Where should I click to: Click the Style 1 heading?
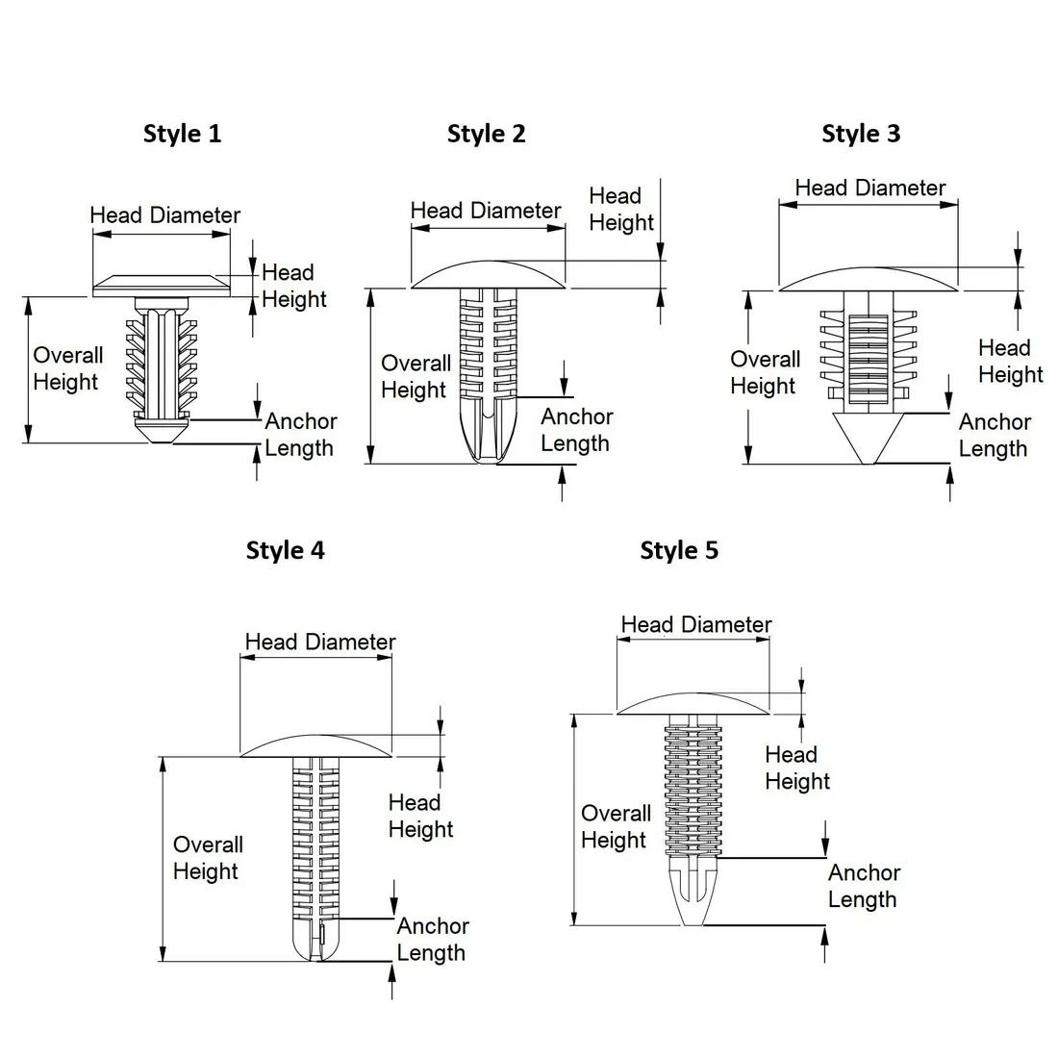click(182, 134)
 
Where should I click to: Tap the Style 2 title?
click(486, 134)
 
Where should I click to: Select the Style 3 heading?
click(861, 134)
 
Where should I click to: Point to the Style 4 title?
click(285, 550)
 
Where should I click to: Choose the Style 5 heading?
click(679, 550)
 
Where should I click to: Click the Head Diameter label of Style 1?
click(164, 215)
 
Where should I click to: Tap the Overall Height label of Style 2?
click(415, 376)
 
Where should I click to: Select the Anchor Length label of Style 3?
click(994, 435)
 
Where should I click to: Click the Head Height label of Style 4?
click(420, 816)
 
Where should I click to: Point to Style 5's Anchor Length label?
click(864, 886)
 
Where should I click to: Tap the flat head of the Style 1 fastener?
click(163, 286)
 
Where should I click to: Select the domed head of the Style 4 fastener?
click(315, 746)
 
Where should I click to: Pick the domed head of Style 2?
click(489, 275)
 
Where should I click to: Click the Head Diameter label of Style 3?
click(870, 189)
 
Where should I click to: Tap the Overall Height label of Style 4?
click(207, 858)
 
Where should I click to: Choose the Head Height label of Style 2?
click(620, 210)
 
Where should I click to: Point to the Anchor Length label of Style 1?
click(300, 435)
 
